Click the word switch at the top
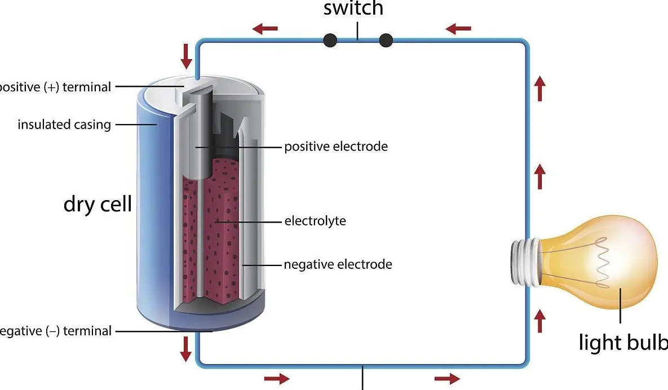(353, 8)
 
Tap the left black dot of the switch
(330, 40)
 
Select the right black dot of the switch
(386, 40)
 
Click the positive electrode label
(336, 147)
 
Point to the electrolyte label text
(315, 220)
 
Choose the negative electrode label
(338, 264)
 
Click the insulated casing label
(64, 124)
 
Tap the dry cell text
(98, 203)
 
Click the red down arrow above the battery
(186, 55)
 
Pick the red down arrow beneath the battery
(186, 348)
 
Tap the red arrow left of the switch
(265, 28)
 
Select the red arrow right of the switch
(458, 28)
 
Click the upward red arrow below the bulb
(540, 321)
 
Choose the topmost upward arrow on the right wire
(540, 89)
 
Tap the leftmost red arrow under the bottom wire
(277, 378)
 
